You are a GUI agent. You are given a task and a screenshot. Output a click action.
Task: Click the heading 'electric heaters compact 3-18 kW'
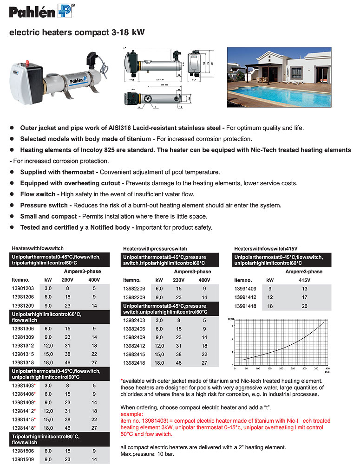coord(77,33)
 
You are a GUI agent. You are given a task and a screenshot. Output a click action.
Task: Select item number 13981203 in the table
coord(23,288)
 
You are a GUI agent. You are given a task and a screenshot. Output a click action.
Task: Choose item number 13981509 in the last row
coord(23,459)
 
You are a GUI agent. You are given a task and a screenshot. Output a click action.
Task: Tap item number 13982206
coord(134,288)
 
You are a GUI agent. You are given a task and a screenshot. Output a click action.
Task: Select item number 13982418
coord(134,363)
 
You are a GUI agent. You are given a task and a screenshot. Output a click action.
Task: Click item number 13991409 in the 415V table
coord(246,288)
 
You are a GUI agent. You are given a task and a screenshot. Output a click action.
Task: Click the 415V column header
coord(304,280)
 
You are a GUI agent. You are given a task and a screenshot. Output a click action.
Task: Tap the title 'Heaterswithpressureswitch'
coord(155,249)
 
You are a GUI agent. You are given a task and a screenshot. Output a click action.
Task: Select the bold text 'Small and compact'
coord(48,216)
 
